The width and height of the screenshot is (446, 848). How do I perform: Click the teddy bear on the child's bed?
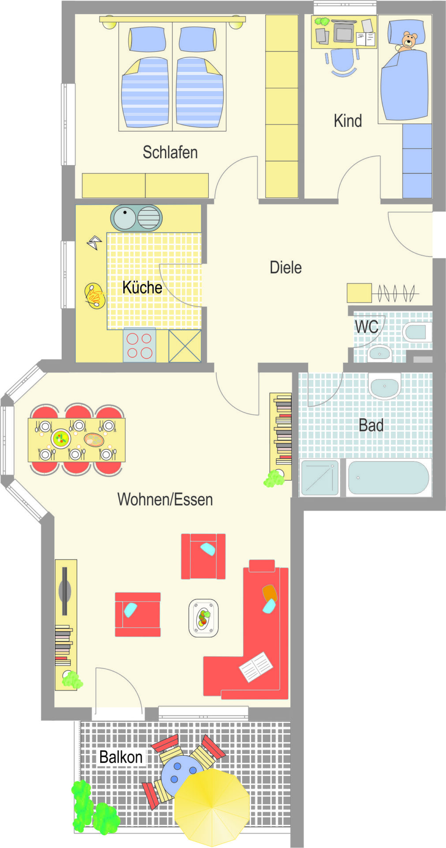pyautogui.click(x=408, y=42)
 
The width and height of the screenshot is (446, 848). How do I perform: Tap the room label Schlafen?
pyautogui.click(x=170, y=152)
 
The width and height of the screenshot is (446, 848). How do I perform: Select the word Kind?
pyautogui.click(x=348, y=121)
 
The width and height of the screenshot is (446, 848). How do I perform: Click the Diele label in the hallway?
pyautogui.click(x=286, y=267)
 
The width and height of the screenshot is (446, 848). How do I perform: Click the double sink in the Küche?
pyautogui.click(x=136, y=218)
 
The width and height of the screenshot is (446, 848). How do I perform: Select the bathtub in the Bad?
pyautogui.click(x=389, y=477)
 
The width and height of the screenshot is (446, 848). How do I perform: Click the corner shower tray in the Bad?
pyautogui.click(x=319, y=477)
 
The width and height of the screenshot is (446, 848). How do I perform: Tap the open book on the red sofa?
pyautogui.click(x=256, y=666)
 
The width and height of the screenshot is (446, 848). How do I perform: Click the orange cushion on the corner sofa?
pyautogui.click(x=270, y=592)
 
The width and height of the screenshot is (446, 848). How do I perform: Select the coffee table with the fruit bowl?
pyautogui.click(x=203, y=618)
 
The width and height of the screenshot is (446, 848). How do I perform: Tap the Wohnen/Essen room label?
pyautogui.click(x=165, y=500)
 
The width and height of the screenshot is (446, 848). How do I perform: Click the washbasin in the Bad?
pyautogui.click(x=385, y=386)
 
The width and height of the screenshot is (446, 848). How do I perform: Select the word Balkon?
pyautogui.click(x=121, y=757)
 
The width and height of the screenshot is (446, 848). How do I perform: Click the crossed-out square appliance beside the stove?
pyautogui.click(x=185, y=346)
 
